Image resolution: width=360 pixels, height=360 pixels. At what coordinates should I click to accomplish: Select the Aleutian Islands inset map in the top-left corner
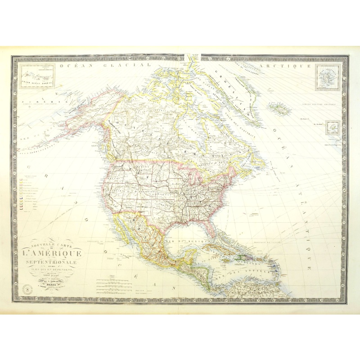pos(37,76)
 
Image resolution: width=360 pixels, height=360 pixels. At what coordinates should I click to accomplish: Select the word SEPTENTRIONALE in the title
pos(50,262)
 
